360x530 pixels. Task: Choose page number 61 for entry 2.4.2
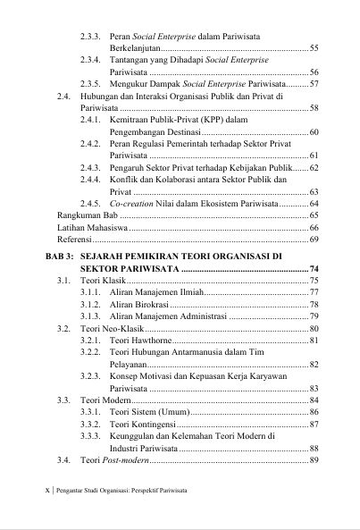(x=313, y=156)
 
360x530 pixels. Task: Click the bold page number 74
(x=312, y=268)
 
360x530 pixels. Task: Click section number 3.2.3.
(x=91, y=377)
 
